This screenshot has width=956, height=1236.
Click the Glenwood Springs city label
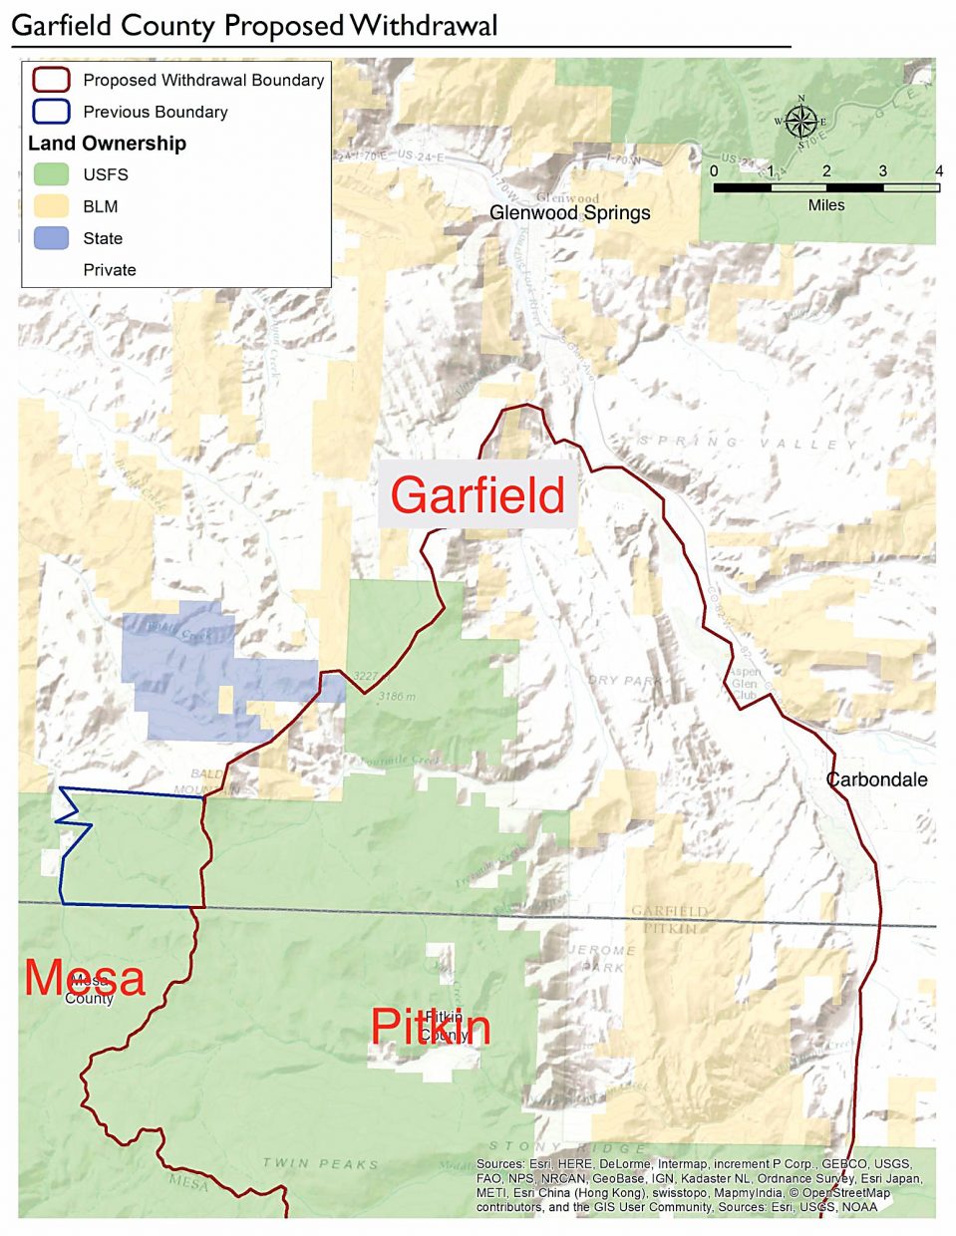(569, 212)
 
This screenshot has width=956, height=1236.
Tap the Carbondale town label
(877, 779)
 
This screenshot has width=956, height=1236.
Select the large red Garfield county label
(478, 495)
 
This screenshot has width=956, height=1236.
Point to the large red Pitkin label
(431, 1027)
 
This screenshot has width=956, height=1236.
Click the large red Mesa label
(85, 978)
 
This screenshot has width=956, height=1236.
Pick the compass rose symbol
(799, 122)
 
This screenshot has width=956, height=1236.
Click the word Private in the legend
(110, 270)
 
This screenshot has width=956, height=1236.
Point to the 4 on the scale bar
(938, 171)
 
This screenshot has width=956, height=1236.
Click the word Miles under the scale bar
(825, 205)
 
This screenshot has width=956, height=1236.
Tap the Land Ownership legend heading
(107, 144)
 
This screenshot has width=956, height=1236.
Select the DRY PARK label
(624, 681)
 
